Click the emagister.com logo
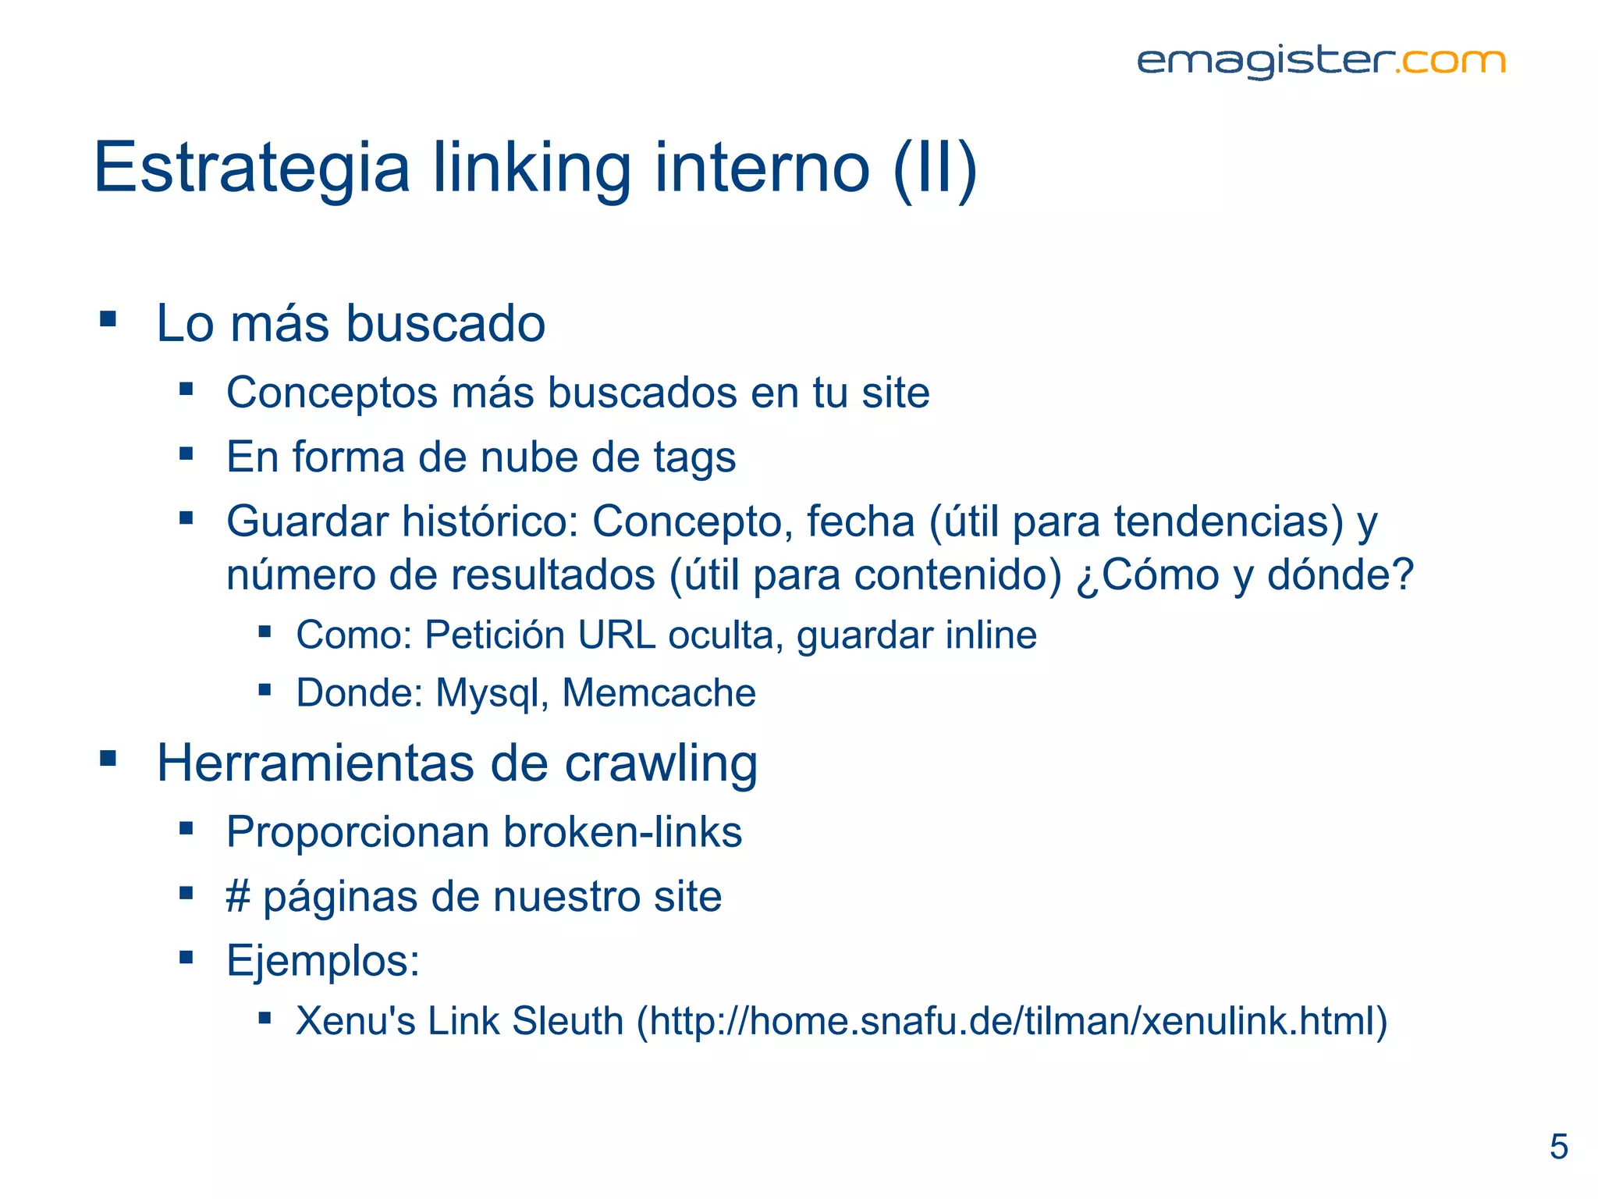(1320, 62)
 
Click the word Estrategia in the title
(251, 168)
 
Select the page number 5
(1558, 1147)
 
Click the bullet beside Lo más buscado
(108, 318)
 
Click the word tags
(694, 457)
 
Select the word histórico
(489, 521)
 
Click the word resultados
(553, 575)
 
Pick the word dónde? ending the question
(1340, 575)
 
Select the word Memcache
(659, 693)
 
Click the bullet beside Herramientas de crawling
(108, 758)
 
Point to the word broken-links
(622, 832)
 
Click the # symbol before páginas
(237, 896)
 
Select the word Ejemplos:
(322, 961)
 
